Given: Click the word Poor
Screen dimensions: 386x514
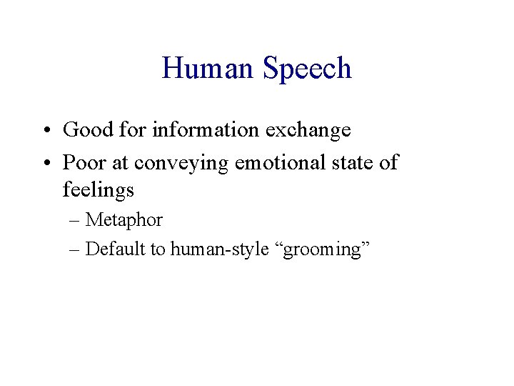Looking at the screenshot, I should point(84,162).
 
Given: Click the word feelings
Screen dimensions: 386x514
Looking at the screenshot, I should point(99,191).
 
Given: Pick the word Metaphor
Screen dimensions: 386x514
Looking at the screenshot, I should point(124,220).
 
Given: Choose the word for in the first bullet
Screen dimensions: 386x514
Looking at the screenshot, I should point(130,129).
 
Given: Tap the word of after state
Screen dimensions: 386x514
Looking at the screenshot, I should point(389,162).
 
